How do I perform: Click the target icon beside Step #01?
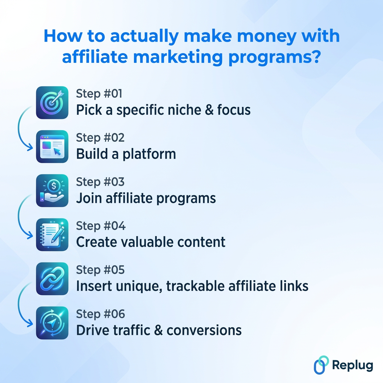(52, 102)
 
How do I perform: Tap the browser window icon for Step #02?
(52, 147)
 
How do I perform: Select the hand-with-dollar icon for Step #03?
(52, 190)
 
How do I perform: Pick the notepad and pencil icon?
(52, 235)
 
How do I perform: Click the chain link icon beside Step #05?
(52, 279)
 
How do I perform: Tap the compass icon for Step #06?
(52, 322)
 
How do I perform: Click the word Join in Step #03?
(89, 198)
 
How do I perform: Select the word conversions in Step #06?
(204, 330)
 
